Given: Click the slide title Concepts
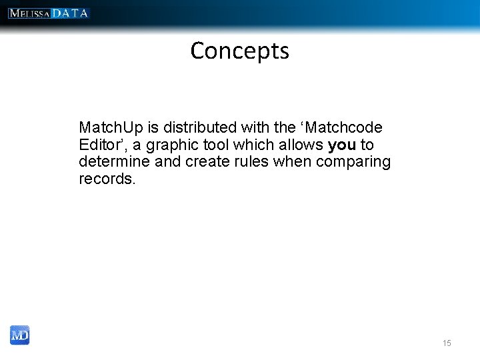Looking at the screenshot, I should (x=239, y=51).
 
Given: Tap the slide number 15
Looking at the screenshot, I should (x=446, y=343).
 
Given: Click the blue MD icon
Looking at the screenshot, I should (x=20, y=335).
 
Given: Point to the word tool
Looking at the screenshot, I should (x=216, y=145).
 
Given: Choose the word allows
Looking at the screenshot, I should (x=299, y=145).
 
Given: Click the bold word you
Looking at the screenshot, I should (x=341, y=145).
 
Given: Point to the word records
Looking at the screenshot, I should (x=107, y=179).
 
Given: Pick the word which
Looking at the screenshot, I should (x=253, y=145).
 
